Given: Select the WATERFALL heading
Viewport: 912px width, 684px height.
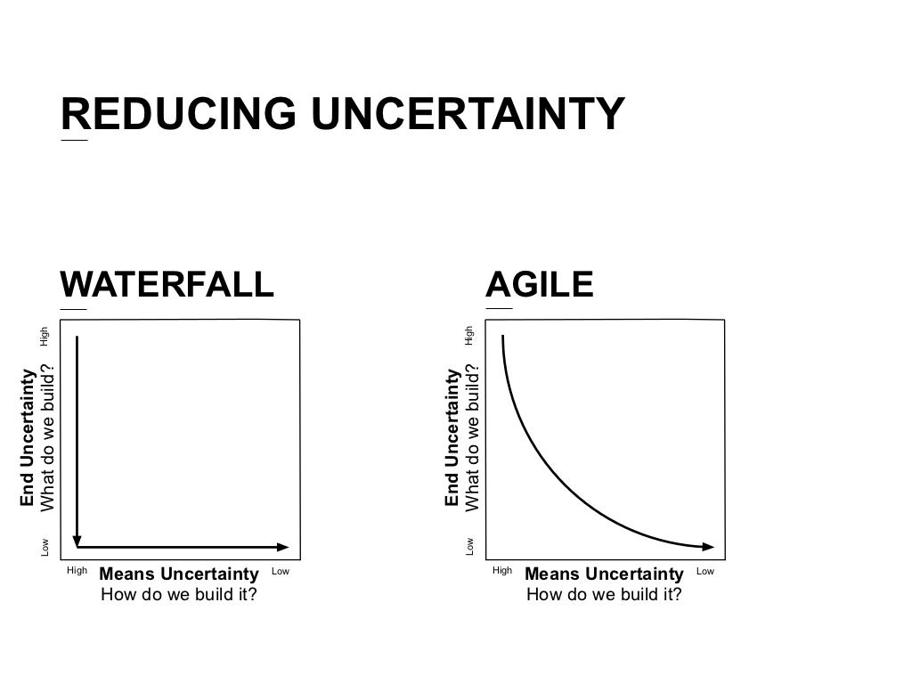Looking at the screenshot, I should (x=167, y=284).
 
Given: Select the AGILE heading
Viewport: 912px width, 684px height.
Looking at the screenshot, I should (x=540, y=284).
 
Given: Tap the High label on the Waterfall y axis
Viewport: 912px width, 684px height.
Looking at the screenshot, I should (x=44, y=337).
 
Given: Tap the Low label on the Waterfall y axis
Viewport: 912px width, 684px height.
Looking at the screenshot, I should (x=45, y=547).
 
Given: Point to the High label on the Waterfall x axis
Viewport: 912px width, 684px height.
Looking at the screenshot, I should (x=77, y=571).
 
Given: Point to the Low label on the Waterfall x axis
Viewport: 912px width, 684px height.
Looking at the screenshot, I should (x=281, y=571).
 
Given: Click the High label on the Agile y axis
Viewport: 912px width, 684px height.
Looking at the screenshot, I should (x=469, y=336).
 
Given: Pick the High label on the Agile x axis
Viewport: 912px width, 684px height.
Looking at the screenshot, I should (x=502, y=571).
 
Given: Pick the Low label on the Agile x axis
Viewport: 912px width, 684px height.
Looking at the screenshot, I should (x=705, y=571).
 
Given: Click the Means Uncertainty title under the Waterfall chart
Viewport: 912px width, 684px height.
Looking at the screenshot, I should (x=178, y=574).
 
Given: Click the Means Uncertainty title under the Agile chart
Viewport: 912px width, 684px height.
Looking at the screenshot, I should (x=604, y=574).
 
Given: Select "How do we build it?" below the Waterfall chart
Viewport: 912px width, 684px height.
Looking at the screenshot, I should (x=178, y=594).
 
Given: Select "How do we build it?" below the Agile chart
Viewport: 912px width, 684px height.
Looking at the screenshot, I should (x=604, y=594).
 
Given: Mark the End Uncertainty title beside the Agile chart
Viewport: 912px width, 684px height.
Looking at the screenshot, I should (x=452, y=438).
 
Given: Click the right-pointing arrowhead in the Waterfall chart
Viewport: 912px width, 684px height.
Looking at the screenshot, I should (x=283, y=547).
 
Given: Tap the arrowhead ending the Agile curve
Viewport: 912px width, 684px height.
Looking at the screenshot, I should (x=708, y=546).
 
